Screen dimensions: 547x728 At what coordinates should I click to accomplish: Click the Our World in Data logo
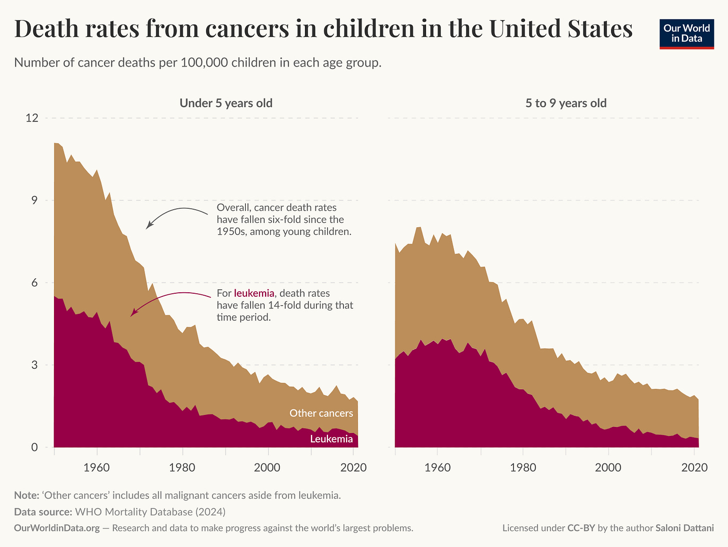tap(686, 33)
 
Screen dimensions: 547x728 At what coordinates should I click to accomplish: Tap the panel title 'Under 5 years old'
tap(226, 103)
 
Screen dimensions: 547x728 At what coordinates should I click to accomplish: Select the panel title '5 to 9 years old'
tap(565, 103)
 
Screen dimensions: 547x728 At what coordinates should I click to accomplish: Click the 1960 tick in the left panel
tap(96, 467)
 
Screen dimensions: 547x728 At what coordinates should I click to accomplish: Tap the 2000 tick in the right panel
tap(608, 467)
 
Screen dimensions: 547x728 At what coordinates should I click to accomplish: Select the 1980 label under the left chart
tap(182, 467)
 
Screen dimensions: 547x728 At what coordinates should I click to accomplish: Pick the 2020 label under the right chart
tap(694, 467)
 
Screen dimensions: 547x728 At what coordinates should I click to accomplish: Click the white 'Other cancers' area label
tap(321, 413)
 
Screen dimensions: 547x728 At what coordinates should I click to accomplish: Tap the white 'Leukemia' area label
tap(331, 439)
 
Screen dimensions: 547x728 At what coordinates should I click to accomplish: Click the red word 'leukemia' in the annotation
tap(254, 293)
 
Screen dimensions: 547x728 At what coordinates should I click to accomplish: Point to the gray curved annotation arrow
tap(175, 213)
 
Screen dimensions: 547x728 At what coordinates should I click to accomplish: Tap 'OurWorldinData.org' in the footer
tap(56, 528)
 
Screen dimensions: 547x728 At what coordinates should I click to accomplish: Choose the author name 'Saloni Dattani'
tap(684, 528)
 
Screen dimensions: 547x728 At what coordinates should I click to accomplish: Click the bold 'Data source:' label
tap(42, 512)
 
